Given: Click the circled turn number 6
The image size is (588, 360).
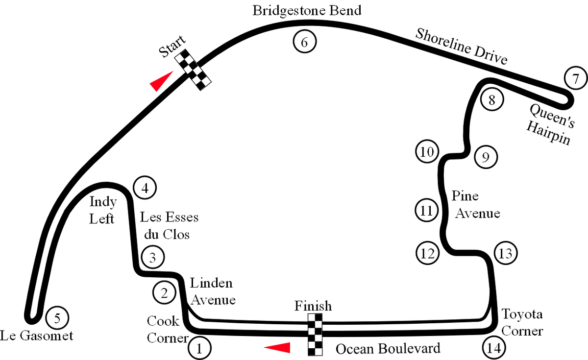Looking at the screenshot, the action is (x=304, y=42).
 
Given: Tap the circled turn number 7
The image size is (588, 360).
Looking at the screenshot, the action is (x=575, y=78).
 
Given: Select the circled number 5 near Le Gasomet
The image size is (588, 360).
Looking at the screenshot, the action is (x=57, y=318).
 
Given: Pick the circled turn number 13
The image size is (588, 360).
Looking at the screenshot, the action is (x=506, y=253).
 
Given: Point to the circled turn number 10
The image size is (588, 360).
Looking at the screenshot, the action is (x=427, y=151).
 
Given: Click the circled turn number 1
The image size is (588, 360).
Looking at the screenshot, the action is (x=199, y=348).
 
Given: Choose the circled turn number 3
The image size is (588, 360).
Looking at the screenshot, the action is (x=153, y=257).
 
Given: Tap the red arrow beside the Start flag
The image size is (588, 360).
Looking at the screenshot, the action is (x=161, y=81).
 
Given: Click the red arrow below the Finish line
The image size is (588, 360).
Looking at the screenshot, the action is (x=277, y=348).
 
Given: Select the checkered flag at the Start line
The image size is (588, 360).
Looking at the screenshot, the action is (x=193, y=70).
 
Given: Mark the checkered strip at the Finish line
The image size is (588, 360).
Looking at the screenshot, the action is (x=315, y=335).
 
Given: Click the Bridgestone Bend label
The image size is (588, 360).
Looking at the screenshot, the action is (x=307, y=11).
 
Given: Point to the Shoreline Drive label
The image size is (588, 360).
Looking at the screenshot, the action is (x=461, y=47).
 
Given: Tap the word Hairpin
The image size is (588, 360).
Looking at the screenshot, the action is (x=548, y=133).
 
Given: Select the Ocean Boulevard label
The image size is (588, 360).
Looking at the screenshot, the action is (x=388, y=349).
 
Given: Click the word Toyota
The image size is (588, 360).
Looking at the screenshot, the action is (x=522, y=314).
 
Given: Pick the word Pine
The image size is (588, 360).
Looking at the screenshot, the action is (x=465, y=196).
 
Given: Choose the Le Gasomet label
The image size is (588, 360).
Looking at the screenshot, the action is (x=36, y=336).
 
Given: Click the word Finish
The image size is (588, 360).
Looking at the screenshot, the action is (x=313, y=306).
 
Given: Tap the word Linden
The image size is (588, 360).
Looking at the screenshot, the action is (x=211, y=283).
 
